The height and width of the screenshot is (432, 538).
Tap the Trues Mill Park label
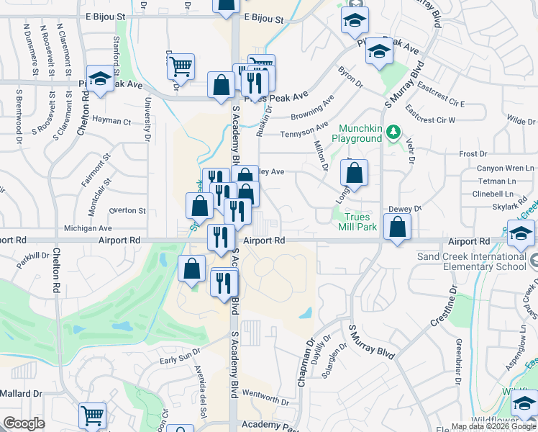click(357, 221)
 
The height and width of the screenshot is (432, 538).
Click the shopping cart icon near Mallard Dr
click(92, 415)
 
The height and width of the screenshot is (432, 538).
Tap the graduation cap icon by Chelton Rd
click(100, 79)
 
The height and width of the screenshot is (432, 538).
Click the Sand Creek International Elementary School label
click(472, 261)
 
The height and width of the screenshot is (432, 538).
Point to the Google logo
click(24, 423)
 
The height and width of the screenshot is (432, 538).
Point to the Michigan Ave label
click(88, 228)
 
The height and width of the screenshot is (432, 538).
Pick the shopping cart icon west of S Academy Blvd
click(181, 67)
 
